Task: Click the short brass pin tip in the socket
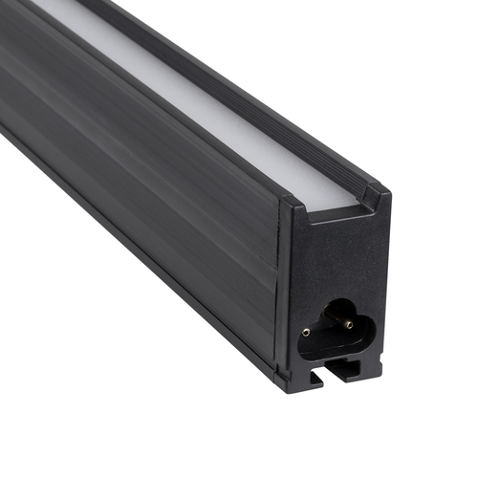(306, 332)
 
